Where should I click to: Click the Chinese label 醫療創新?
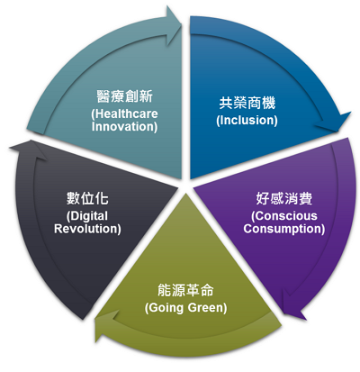[x=124, y=96]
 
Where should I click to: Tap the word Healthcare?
[x=126, y=113]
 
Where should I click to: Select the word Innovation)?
[x=124, y=126]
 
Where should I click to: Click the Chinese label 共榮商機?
[x=247, y=103]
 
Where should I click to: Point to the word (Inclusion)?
[x=247, y=120]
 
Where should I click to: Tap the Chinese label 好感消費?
[x=284, y=198]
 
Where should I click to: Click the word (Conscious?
[x=284, y=216]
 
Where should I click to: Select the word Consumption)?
[x=284, y=229]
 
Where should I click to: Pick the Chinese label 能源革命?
[x=185, y=290]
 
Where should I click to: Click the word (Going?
[x=165, y=308]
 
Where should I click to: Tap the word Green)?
[x=207, y=308]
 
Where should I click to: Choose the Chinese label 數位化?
[x=87, y=198]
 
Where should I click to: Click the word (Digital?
[x=87, y=216]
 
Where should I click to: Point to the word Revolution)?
[x=87, y=229]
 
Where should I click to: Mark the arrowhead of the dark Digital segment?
[x=28, y=149]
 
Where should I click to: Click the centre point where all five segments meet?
[x=185, y=186]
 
